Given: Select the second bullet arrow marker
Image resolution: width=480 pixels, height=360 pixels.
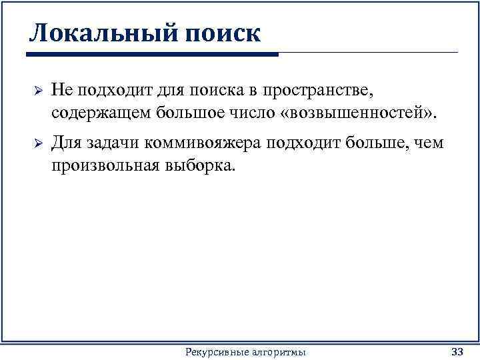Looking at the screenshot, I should click(x=38, y=144).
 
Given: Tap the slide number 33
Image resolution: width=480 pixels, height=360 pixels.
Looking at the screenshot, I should click(x=457, y=351).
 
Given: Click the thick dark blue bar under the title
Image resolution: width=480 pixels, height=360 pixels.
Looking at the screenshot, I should click(x=153, y=54).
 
